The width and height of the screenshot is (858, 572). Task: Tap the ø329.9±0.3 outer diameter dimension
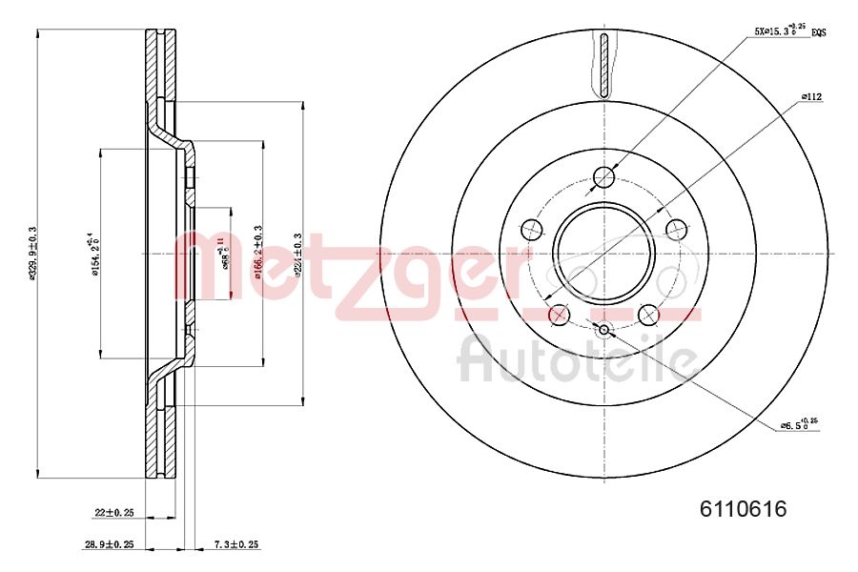32,254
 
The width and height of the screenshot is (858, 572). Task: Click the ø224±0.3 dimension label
298,254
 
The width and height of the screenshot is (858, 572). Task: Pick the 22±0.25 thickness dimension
114,513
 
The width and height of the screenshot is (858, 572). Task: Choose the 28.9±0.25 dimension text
108,545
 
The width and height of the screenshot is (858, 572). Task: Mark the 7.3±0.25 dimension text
235,545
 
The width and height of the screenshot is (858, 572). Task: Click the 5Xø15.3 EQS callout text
787,31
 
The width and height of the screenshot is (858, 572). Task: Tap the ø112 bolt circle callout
811,96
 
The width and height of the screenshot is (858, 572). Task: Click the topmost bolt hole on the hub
604,176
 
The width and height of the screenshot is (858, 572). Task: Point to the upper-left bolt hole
532,229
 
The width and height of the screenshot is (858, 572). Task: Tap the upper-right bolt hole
677,229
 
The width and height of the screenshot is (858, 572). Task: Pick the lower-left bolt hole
560,314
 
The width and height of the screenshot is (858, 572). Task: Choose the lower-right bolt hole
649,314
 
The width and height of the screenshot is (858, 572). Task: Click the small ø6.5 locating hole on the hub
604,330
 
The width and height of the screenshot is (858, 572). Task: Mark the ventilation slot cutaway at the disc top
604,65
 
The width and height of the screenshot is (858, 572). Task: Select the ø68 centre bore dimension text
225,254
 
